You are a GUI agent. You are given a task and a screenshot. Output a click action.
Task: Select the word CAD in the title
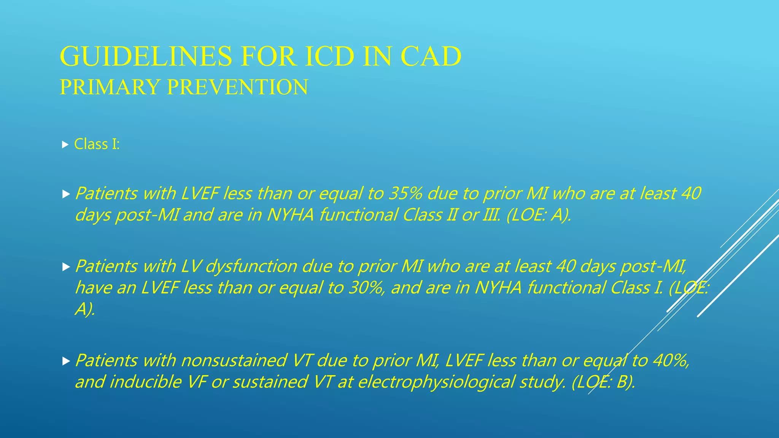(431, 56)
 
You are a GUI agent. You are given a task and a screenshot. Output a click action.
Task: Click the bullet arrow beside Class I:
(65, 144)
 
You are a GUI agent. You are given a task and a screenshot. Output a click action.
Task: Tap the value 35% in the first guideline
(405, 193)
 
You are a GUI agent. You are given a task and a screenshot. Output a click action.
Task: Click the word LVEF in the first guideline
(200, 193)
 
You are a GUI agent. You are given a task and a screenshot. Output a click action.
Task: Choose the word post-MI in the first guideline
(147, 215)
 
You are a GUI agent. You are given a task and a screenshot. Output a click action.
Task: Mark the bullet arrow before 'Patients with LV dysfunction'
(66, 267)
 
